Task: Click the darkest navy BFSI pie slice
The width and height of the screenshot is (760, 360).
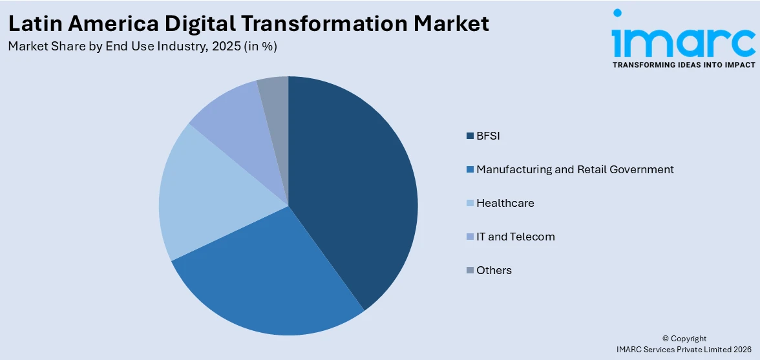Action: [x=355, y=187]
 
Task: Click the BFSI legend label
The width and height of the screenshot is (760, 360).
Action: [x=488, y=136]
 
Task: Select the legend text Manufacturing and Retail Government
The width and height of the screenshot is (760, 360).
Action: [x=575, y=169]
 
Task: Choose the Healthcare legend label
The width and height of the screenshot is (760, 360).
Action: [x=505, y=203]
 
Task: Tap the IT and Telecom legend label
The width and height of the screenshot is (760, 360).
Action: [x=515, y=237]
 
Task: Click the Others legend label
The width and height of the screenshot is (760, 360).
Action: [x=494, y=270]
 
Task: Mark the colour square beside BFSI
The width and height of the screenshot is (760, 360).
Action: [x=470, y=136]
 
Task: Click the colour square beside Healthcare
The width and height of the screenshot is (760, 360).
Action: [x=470, y=204]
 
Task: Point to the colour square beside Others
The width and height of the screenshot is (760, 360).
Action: [x=470, y=271]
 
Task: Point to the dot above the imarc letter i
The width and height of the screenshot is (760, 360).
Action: [x=617, y=13]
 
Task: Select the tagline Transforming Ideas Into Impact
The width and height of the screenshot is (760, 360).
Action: [x=683, y=65]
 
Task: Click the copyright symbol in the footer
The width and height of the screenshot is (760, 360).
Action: [x=666, y=339]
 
